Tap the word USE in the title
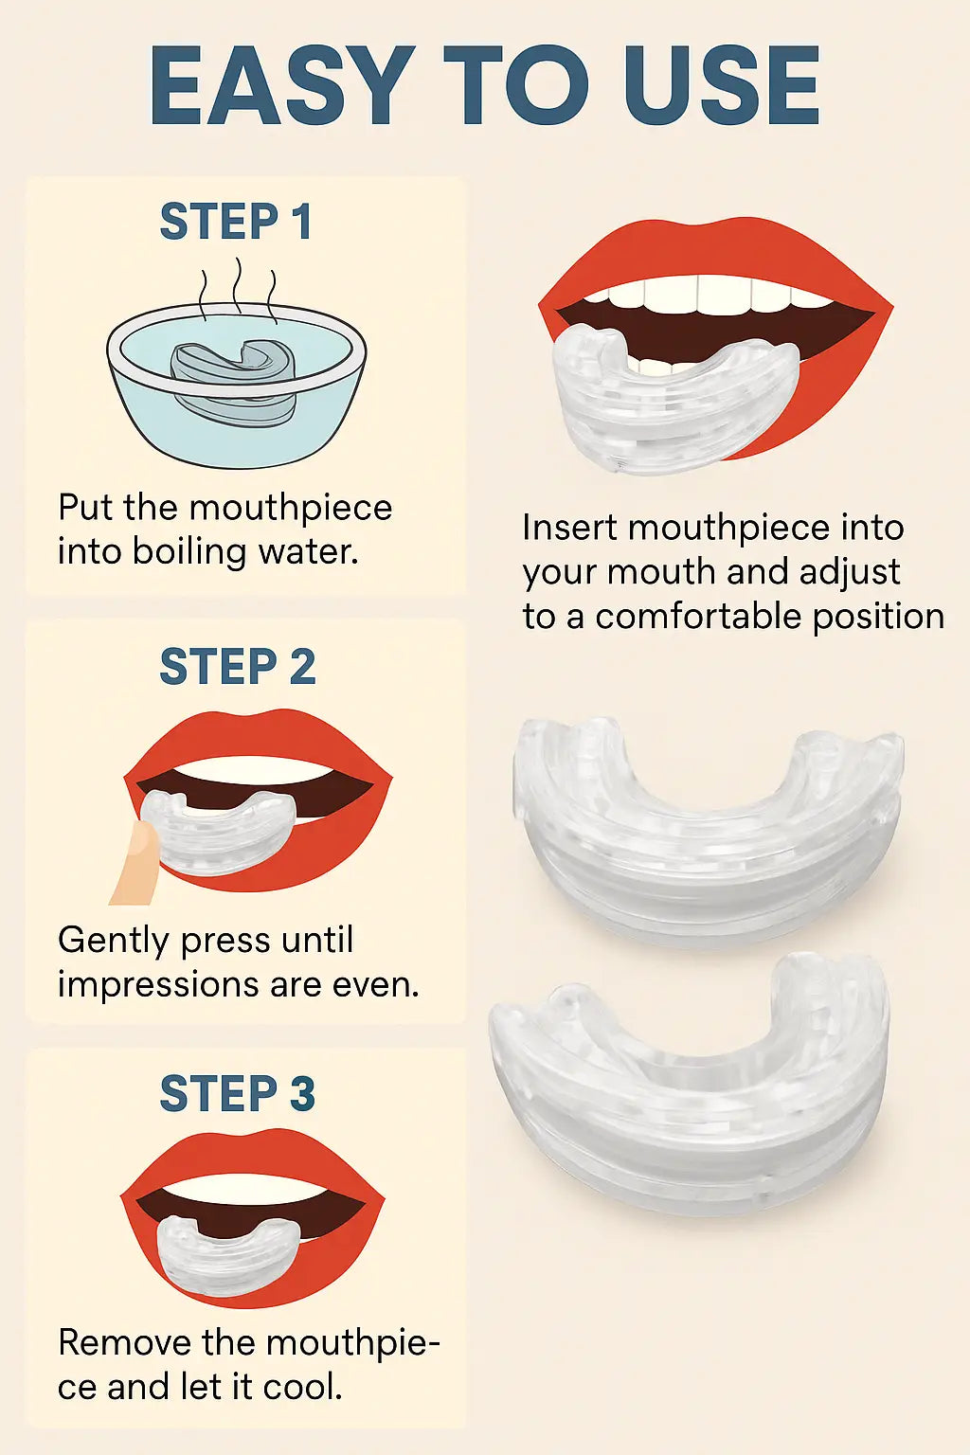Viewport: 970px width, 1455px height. click(721, 87)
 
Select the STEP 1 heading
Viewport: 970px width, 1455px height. click(236, 223)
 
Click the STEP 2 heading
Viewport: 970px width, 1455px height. click(237, 667)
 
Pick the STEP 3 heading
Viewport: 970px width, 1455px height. click(237, 1094)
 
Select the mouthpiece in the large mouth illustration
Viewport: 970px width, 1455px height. click(663, 398)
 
